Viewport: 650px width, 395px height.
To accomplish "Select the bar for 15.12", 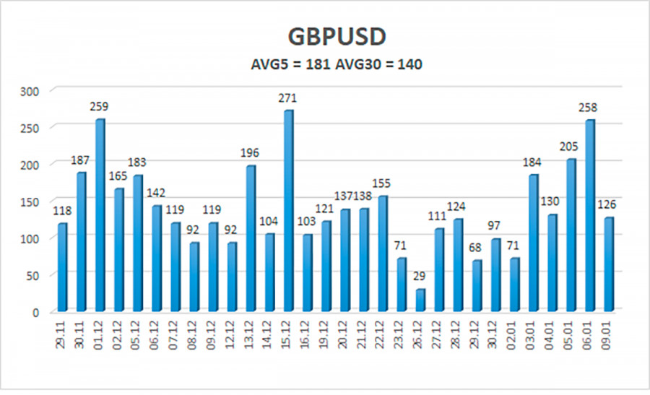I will point(288,211).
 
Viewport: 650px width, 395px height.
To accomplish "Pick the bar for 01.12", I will point(100,215).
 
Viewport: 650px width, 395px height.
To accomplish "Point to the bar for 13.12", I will point(251,238).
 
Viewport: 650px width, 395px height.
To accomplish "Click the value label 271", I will point(287,98).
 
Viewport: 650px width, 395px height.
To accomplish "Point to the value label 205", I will point(571,147).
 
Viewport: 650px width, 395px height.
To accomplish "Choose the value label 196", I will point(250,153).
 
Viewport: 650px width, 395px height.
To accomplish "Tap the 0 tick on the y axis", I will point(38,313).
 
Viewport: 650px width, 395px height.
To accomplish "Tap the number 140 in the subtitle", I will point(409,64).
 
